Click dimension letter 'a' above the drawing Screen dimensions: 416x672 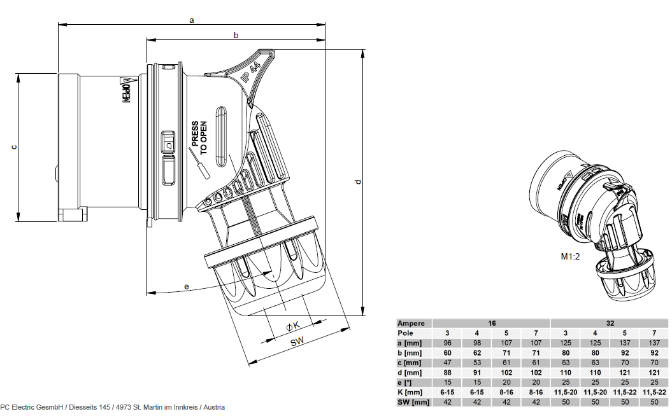tap(192, 20)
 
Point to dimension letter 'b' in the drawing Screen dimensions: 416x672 tap(236, 36)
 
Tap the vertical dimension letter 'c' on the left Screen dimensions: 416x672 tap(14, 148)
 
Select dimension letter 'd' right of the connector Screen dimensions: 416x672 tap(358, 183)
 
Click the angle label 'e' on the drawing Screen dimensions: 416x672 tap(186, 287)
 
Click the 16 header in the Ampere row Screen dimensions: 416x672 tap(492, 323)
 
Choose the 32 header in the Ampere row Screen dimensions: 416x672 tap(610, 323)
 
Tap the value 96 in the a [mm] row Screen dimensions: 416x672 tap(447, 343)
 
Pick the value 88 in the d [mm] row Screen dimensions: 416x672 tap(447, 373)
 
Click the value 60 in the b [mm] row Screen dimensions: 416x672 tap(447, 353)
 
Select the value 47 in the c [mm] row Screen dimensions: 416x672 tap(447, 363)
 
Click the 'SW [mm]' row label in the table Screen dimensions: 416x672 tap(413, 402)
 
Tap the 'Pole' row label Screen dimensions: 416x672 tap(406, 333)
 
